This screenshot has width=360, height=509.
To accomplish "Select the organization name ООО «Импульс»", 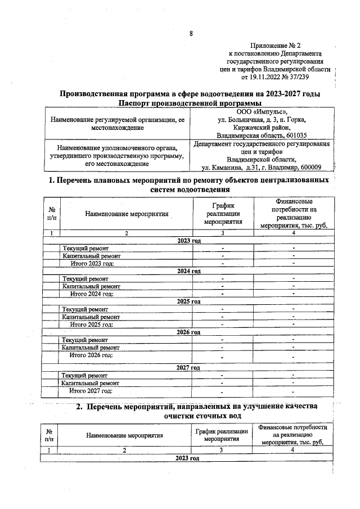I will [x=262, y=111].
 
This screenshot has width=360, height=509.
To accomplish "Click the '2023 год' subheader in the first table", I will [x=189, y=241].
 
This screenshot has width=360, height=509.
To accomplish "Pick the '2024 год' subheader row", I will [x=189, y=271].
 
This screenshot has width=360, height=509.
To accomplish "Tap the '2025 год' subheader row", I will [x=189, y=301].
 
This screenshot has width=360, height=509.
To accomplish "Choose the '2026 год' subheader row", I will [x=189, y=332].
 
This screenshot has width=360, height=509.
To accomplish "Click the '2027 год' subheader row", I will [x=189, y=367].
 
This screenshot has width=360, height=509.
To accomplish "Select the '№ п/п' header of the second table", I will [x=49, y=434].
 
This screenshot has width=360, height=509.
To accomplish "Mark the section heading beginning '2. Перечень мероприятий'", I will [x=197, y=406].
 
